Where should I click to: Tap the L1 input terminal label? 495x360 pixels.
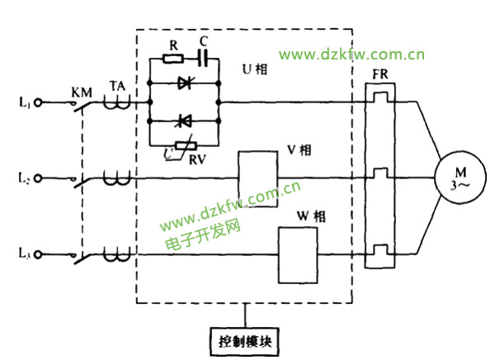pos(24,102)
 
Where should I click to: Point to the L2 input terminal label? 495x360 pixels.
pos(24,178)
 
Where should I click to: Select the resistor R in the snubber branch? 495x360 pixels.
pos(173,59)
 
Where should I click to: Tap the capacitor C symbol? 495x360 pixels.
pos(203,59)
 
